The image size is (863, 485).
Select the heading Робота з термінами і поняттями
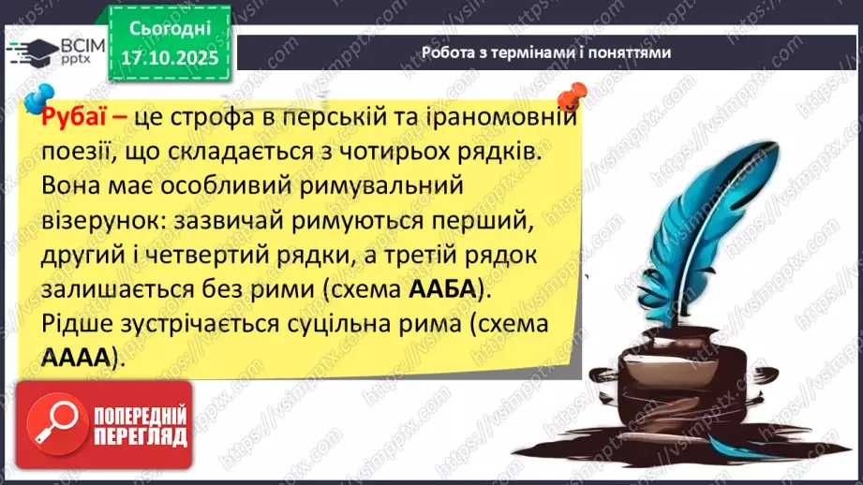[x=546, y=52]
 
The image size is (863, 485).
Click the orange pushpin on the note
[x=568, y=95]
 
